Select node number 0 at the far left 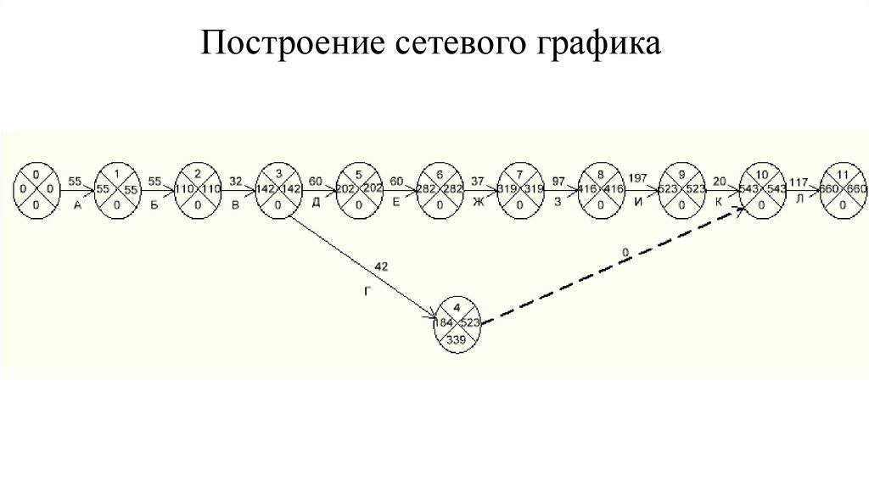pyautogui.click(x=35, y=188)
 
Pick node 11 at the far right pyautogui.click(x=843, y=188)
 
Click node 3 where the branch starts pyautogui.click(x=278, y=188)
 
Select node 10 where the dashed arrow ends pyautogui.click(x=761, y=188)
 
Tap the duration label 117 pyautogui.click(x=799, y=180)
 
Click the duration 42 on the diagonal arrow pyautogui.click(x=381, y=267)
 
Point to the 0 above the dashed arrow pyautogui.click(x=625, y=252)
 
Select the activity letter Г pyautogui.click(x=367, y=290)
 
